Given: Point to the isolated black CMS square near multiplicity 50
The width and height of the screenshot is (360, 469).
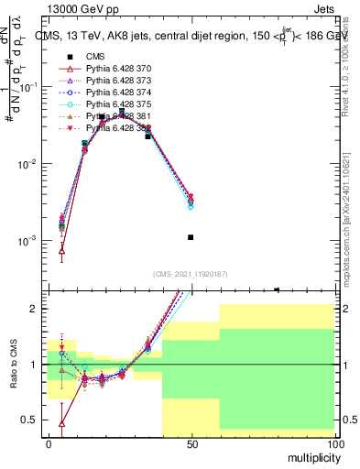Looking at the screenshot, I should (191, 237).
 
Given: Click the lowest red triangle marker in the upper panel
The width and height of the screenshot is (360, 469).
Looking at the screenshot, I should (61, 250).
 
